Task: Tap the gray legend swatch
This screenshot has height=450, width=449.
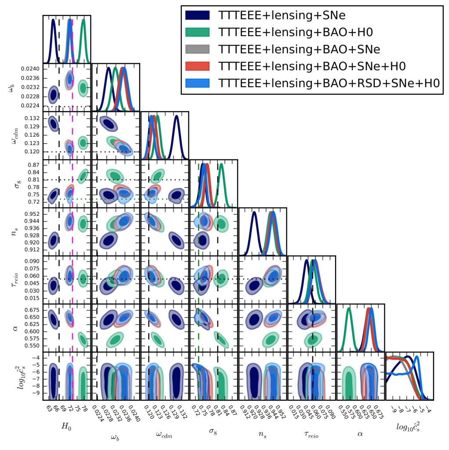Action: click(199, 49)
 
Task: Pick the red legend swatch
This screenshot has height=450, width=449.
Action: click(199, 66)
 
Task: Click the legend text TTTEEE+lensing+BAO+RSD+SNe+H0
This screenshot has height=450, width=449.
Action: click(330, 83)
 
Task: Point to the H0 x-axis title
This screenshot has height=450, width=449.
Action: click(67, 427)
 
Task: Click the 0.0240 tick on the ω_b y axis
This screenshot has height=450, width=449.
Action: click(32, 69)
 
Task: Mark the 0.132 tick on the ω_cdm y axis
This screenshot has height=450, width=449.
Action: click(33, 118)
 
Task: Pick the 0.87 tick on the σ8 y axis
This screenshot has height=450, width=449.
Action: click(35, 164)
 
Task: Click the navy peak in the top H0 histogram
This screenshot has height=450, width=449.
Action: click(53, 20)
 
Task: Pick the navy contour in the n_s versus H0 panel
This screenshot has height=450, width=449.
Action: click(54, 240)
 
